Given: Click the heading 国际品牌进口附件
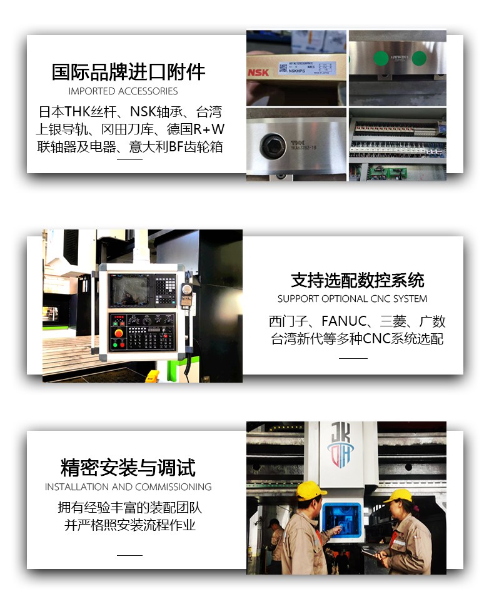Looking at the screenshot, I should [128, 72].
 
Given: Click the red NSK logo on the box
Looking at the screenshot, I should [258, 73].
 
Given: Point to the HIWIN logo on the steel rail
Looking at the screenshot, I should [398, 55].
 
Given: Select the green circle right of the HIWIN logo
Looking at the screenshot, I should [419, 59].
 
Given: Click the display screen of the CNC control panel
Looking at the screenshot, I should [129, 290].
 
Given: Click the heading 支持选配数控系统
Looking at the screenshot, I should [357, 279].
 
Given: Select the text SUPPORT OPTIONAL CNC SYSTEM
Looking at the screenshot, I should [353, 299].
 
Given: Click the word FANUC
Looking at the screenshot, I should [341, 321].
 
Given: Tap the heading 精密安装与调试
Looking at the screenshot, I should [128, 467].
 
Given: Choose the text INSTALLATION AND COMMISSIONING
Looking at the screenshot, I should [128, 487].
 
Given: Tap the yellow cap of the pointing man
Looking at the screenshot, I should [311, 490].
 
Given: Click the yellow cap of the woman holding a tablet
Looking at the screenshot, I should [399, 496].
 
